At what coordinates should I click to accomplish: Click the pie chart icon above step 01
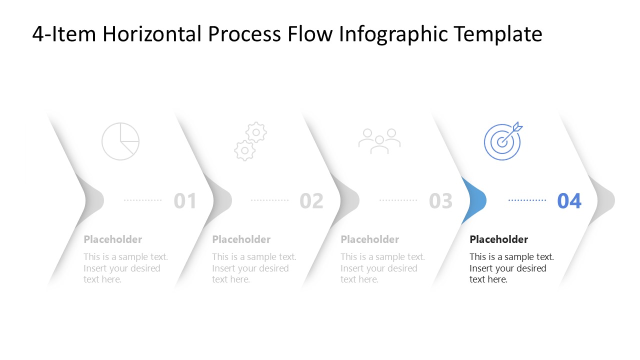(x=120, y=141)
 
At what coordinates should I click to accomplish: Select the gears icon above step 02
(x=250, y=141)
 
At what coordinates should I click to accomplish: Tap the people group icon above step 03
(x=379, y=141)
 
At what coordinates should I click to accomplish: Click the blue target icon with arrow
(x=503, y=141)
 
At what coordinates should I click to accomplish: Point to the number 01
(x=185, y=201)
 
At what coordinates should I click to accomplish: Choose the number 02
(x=311, y=201)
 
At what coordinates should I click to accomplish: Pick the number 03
(x=440, y=201)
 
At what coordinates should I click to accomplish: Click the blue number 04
(x=569, y=201)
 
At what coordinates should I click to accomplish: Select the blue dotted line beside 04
(x=527, y=200)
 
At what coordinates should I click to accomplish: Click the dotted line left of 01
(x=143, y=200)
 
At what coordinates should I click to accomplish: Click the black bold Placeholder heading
(x=498, y=239)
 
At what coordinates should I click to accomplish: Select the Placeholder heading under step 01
(x=112, y=239)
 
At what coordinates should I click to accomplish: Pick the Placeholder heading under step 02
(x=241, y=239)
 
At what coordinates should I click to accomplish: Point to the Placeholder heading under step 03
(x=369, y=239)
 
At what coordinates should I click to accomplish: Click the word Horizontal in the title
(x=153, y=34)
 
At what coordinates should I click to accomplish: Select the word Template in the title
(x=498, y=34)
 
